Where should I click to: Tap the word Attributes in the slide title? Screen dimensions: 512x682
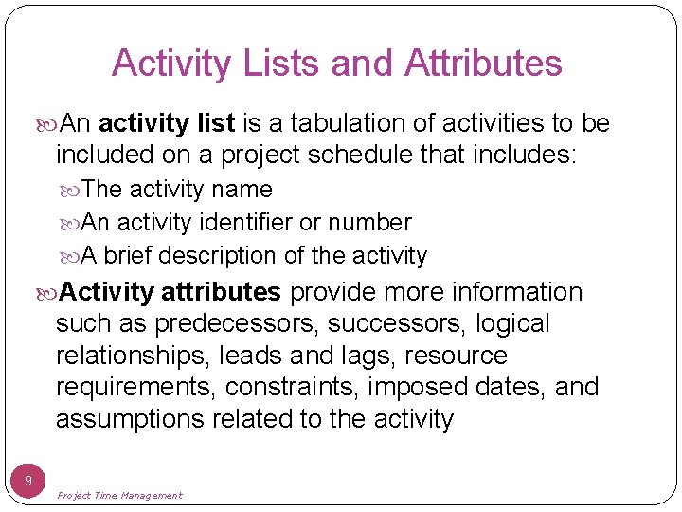click(x=483, y=64)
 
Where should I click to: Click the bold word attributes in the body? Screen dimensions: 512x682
click(x=221, y=292)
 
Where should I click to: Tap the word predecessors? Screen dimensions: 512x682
click(x=237, y=324)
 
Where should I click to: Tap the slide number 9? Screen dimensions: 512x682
click(x=28, y=482)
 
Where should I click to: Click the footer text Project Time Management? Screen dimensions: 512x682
click(x=119, y=495)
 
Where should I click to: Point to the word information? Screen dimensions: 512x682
click(x=517, y=292)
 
